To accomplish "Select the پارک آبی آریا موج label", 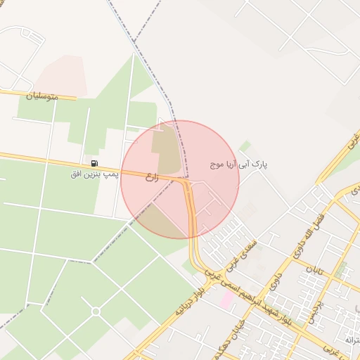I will click(240, 165).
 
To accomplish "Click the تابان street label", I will click(321, 269).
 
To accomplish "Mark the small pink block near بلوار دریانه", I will click(226, 300).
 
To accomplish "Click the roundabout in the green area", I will click(96, 311).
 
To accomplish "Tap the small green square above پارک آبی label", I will click(245, 146).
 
